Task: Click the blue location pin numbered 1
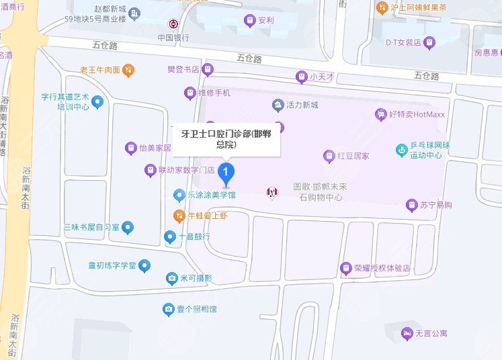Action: pos(227,175)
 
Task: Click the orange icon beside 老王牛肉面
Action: pos(129,69)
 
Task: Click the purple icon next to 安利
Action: pos(250,21)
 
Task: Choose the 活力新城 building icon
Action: pos(278,105)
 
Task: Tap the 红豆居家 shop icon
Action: pos(329,156)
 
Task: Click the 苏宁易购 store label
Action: pos(437,204)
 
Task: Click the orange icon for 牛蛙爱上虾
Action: pos(179,216)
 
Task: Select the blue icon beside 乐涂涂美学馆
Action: pos(179,195)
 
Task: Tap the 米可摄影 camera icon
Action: pos(172,278)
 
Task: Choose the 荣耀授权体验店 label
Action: pos(382,268)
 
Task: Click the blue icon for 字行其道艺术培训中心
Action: pos(97,102)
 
